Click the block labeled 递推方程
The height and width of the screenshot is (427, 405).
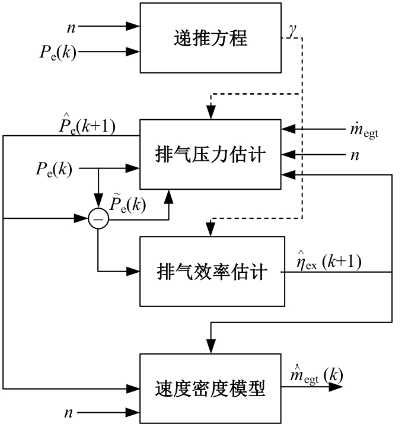(x=211, y=39)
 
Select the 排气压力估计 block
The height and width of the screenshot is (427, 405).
(x=211, y=156)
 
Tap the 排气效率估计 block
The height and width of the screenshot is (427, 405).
(x=211, y=272)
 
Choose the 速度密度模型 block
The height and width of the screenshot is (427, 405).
(x=211, y=388)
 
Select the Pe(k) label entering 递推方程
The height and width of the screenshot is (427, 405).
(x=57, y=53)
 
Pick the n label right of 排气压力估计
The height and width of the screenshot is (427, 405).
(x=358, y=156)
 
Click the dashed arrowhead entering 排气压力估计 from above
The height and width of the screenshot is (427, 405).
(x=211, y=114)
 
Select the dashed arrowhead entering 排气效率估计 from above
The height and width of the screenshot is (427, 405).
(x=211, y=230)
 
